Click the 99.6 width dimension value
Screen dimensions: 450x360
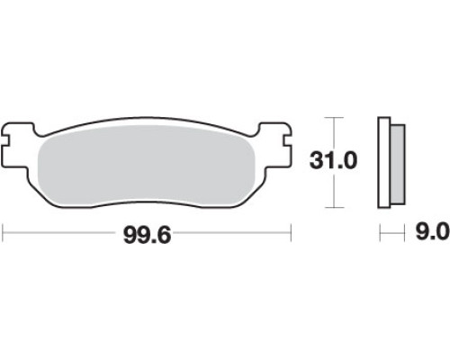147,235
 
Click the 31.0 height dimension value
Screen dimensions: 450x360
333,161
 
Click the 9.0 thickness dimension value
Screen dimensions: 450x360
433,231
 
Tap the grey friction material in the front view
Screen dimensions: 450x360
147,166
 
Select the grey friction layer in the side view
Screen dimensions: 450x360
398,165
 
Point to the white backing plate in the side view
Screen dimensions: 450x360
384,162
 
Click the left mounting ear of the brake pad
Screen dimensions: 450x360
19,144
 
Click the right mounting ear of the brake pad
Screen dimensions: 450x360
274,144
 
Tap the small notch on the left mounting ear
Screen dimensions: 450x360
6,139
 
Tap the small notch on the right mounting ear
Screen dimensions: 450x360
287,139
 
